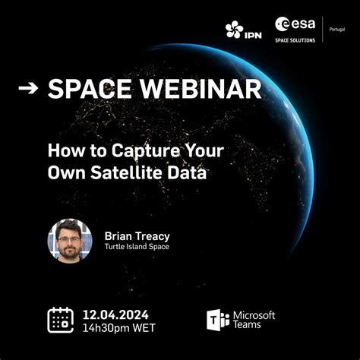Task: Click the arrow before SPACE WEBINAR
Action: (x=28, y=89)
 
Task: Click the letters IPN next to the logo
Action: (x=254, y=32)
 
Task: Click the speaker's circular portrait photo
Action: (x=70, y=241)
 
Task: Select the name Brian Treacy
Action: (x=137, y=235)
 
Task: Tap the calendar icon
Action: (x=60, y=320)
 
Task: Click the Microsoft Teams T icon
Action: (x=217, y=320)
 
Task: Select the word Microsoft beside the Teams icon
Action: (x=254, y=314)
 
